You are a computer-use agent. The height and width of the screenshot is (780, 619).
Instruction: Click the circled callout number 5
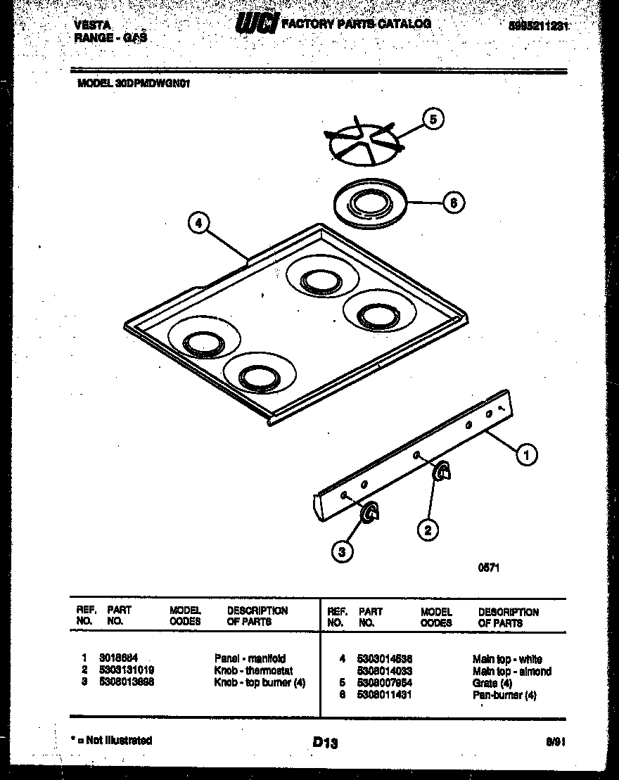(433, 120)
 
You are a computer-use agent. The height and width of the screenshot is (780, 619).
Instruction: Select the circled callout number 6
(454, 203)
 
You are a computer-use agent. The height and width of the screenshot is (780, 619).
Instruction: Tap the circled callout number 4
(199, 224)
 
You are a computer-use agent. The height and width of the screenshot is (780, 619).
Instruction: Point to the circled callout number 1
(526, 454)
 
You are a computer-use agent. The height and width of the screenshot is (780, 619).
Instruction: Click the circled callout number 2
(427, 528)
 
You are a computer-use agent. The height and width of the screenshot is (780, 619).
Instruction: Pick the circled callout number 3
(343, 552)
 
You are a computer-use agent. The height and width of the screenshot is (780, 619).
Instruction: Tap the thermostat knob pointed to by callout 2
(441, 475)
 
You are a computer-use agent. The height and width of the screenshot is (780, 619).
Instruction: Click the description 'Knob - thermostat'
(253, 671)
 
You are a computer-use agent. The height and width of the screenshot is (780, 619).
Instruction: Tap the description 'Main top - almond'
(511, 672)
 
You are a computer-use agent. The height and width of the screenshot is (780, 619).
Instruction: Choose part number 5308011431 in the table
(385, 695)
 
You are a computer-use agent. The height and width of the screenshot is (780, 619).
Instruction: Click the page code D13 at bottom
(324, 742)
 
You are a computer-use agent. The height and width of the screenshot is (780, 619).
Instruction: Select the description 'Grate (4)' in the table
(492, 683)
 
